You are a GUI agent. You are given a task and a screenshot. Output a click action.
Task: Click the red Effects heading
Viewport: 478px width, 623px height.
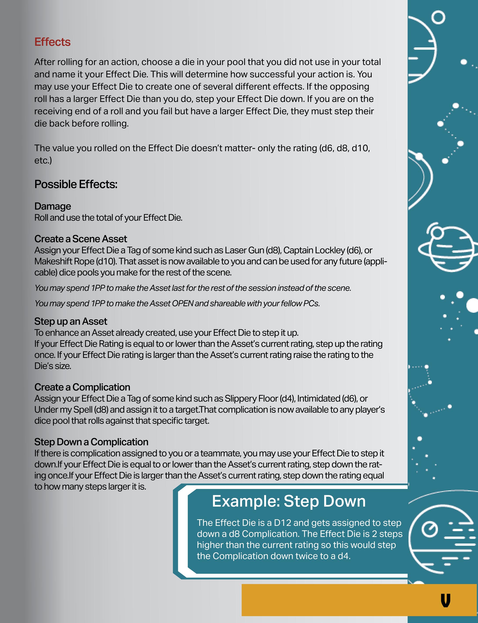pos(52,42)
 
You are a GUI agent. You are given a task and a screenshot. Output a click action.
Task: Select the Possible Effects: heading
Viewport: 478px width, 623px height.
pos(76,184)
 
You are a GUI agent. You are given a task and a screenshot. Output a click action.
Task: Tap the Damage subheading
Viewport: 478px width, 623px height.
pos(53,206)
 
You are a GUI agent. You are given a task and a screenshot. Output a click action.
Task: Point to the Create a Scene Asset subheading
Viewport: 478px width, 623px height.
pos(81,239)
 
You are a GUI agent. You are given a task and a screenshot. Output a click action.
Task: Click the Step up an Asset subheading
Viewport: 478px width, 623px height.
pos(71,321)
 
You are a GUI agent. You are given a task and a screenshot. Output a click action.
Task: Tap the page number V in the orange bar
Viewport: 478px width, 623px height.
pos(445,601)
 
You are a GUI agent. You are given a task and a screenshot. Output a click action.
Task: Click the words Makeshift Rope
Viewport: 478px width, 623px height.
pos(64,261)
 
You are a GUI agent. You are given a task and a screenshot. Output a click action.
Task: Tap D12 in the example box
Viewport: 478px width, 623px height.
pos(282,523)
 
